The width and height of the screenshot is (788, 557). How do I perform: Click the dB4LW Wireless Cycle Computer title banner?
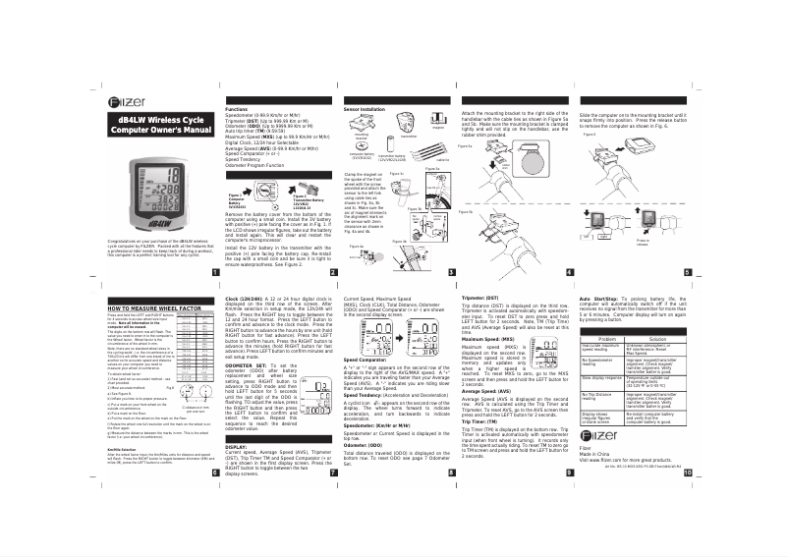[160, 125]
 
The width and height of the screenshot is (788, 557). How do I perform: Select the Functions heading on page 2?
[237, 109]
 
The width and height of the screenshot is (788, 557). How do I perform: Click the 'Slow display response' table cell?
[605, 376]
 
